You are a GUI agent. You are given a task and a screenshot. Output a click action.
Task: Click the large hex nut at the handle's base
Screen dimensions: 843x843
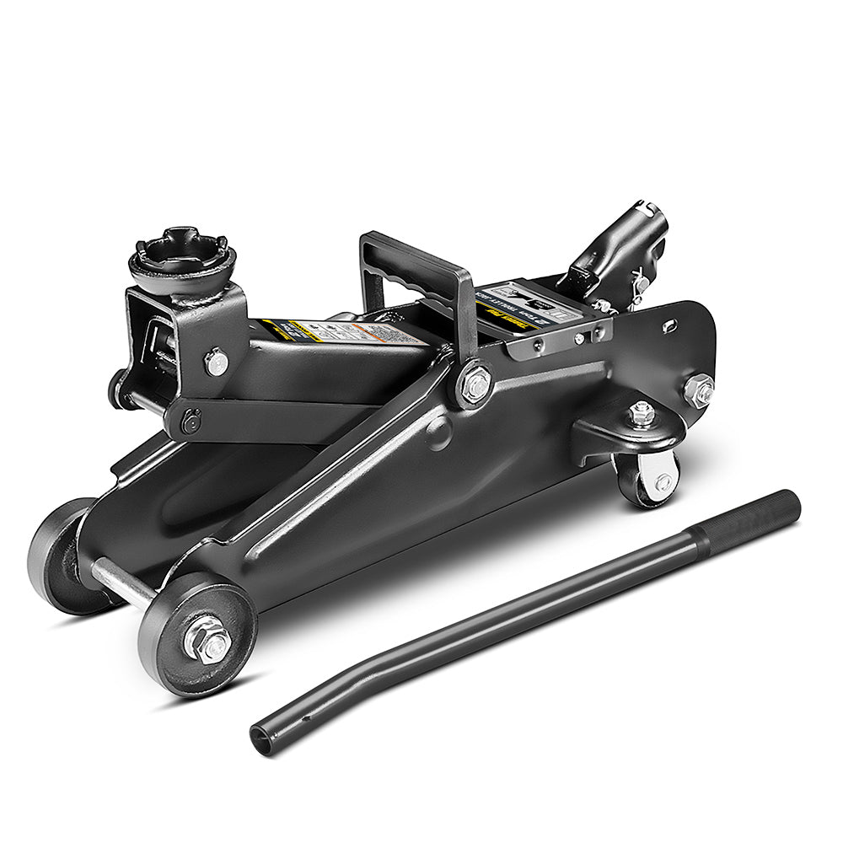coord(476,385)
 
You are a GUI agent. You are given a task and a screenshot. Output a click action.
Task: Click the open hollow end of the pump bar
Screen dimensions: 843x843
coord(262,738)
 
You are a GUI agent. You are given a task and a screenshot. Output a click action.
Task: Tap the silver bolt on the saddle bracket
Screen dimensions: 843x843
coord(217,362)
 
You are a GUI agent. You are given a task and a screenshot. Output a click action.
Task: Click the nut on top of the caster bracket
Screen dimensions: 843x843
coord(642,413)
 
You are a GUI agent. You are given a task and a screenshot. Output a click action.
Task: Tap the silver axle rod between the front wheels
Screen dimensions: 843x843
coord(122,583)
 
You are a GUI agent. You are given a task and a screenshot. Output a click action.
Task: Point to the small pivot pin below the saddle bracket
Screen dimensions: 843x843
coord(191,419)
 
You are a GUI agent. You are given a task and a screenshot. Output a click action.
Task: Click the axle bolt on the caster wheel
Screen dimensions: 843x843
coord(663,482)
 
